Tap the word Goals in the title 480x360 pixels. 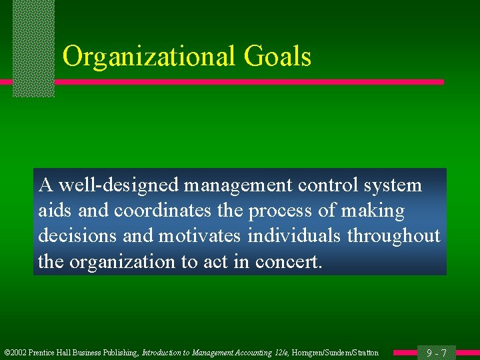tap(277, 57)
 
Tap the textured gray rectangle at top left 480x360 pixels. tap(33, 48)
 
